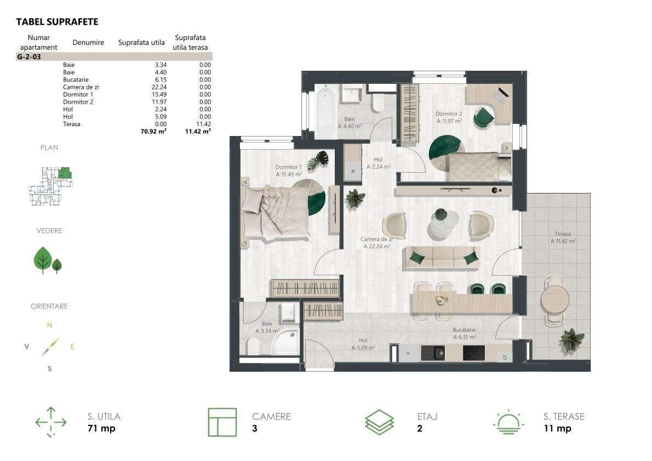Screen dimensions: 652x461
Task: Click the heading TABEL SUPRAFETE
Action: pos(57,22)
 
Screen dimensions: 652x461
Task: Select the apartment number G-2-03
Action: pos(29,57)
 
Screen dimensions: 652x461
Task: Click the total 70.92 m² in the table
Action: pos(153,132)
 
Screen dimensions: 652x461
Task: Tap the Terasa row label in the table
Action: pos(72,124)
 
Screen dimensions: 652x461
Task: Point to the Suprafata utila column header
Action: pos(141,42)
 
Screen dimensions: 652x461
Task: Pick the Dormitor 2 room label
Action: pos(449,113)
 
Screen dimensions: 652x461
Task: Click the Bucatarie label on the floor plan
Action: pos(464,330)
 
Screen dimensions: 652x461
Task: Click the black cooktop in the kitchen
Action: pos(473,353)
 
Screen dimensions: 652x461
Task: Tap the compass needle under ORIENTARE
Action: pos(50,347)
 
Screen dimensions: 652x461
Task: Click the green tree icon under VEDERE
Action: pos(48,260)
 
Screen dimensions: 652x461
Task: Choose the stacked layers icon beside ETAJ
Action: pos(379,422)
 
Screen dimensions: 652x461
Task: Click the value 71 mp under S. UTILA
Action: pos(101,429)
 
